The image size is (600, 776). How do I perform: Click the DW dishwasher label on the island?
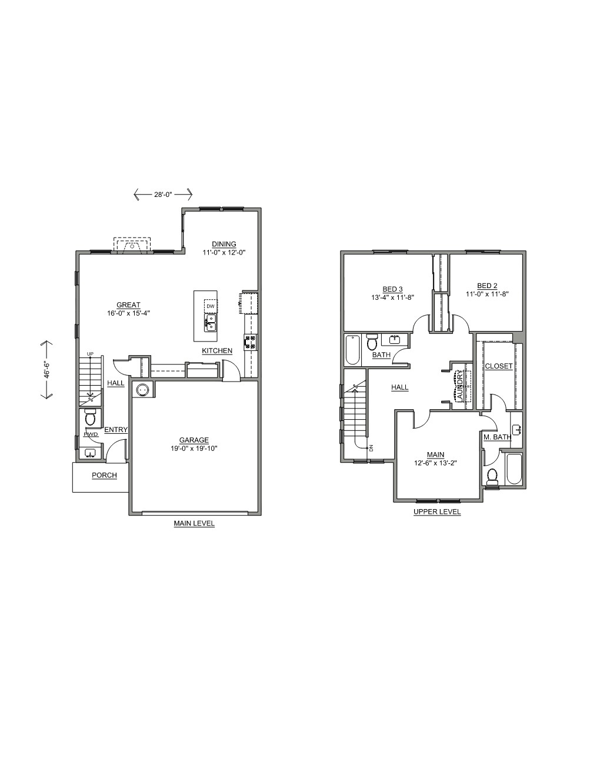(211, 306)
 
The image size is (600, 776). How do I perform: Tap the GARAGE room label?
(194, 440)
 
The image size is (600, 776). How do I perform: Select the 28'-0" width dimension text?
(164, 195)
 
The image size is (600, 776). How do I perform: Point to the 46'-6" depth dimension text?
(46, 370)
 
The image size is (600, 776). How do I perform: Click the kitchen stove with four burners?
(251, 342)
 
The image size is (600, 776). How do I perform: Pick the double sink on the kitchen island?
(211, 323)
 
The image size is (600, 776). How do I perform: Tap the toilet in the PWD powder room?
(90, 417)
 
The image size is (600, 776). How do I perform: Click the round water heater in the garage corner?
(142, 390)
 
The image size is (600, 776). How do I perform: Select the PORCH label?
(104, 476)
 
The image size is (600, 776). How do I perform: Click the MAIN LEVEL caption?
(194, 524)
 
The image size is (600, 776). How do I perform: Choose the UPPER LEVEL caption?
(437, 511)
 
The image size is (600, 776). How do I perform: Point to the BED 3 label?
(393, 289)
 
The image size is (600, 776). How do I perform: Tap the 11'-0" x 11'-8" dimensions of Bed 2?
(487, 295)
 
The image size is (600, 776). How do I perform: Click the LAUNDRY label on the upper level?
(460, 386)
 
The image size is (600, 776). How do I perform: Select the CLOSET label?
(498, 366)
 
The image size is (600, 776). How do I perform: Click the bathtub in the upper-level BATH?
(354, 350)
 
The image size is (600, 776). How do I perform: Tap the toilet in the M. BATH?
(492, 477)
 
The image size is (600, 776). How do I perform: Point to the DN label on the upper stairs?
(371, 448)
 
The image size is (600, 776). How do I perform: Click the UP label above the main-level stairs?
(90, 354)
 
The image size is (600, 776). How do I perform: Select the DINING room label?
(224, 244)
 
